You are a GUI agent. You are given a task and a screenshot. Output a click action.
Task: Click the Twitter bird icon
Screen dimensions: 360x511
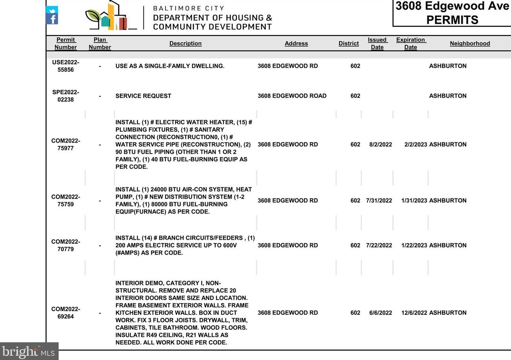point(52,10)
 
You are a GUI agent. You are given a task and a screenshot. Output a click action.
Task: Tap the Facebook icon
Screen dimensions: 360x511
point(52,19)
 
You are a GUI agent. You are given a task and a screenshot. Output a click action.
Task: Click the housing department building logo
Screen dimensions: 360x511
point(111,17)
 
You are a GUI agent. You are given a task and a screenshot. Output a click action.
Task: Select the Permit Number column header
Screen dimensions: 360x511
point(66,43)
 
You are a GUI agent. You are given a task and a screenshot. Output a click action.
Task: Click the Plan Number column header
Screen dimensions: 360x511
point(100,43)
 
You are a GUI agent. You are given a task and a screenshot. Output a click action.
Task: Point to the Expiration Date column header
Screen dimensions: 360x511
point(411,43)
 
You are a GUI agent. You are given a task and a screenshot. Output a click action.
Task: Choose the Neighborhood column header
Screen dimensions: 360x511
point(470,43)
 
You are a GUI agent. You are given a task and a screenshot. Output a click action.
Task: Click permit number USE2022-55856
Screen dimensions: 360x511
point(66,66)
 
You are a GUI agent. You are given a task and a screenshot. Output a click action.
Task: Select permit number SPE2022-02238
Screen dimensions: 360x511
point(66,96)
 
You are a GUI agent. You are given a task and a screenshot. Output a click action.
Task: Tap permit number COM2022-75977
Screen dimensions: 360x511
point(66,144)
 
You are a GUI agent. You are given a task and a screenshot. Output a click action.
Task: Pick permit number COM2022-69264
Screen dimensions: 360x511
point(66,313)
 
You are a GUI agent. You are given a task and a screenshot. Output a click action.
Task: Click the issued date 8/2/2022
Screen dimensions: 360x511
point(381,144)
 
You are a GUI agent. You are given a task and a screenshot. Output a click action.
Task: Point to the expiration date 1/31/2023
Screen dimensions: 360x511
point(414,201)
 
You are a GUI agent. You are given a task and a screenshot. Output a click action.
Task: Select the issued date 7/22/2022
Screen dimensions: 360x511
point(379,246)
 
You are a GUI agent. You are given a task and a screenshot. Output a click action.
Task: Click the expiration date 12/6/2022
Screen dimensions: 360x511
point(414,313)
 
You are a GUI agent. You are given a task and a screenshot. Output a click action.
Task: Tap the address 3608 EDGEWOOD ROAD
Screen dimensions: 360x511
point(292,96)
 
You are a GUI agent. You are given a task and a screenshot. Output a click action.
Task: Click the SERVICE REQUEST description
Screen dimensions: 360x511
point(143,96)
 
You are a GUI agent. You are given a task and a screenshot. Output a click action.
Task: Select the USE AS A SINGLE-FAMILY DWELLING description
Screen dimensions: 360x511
point(170,66)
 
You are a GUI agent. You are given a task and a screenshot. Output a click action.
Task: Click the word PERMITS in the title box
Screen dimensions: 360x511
point(452,20)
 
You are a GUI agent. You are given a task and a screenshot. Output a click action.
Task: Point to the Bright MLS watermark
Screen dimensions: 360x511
point(29,351)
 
